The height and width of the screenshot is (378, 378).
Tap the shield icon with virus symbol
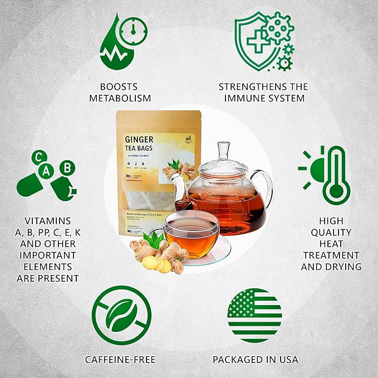click(x=263, y=41)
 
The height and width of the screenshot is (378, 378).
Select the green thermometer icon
click(x=336, y=175)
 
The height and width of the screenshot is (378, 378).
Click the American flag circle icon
click(x=254, y=315)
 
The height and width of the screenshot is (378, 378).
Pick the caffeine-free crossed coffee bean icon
click(x=122, y=315)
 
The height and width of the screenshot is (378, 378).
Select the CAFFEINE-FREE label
click(x=120, y=360)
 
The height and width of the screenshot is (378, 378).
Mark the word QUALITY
click(x=331, y=232)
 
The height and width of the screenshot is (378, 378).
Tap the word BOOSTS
click(x=119, y=87)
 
